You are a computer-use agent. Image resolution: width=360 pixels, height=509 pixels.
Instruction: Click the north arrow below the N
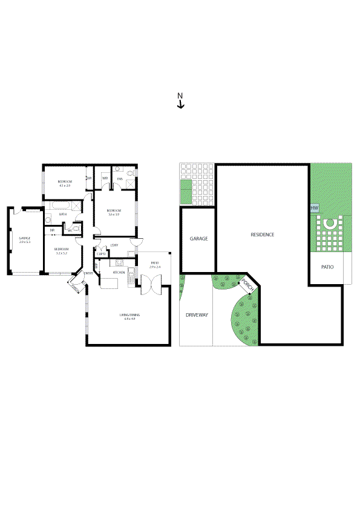point(180,105)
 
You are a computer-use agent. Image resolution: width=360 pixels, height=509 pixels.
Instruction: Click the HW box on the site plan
point(314,208)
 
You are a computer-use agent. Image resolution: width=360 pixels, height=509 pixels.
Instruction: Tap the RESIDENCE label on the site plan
point(263,235)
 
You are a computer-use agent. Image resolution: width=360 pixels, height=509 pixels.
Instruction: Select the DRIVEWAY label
point(196,315)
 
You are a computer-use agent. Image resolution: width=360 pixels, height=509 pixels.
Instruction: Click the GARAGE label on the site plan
point(198,239)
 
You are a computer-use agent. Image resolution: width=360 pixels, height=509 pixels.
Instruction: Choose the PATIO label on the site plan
point(327,267)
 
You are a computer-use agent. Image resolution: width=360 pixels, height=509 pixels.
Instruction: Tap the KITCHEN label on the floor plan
point(119,273)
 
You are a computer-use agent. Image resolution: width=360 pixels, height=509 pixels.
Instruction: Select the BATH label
point(62,214)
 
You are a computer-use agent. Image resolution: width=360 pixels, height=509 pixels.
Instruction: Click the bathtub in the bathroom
point(61,207)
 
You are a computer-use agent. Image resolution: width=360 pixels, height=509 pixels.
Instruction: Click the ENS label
point(119,178)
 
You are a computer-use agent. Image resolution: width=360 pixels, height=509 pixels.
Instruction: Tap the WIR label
point(105,178)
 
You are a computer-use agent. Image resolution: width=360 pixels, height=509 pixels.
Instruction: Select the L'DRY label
point(114,245)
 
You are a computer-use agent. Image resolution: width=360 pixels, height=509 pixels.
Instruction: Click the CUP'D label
point(101,254)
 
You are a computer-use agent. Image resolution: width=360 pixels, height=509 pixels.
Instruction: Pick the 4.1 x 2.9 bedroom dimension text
point(65,186)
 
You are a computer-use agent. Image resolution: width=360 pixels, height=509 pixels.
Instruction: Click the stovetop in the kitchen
point(119,263)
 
